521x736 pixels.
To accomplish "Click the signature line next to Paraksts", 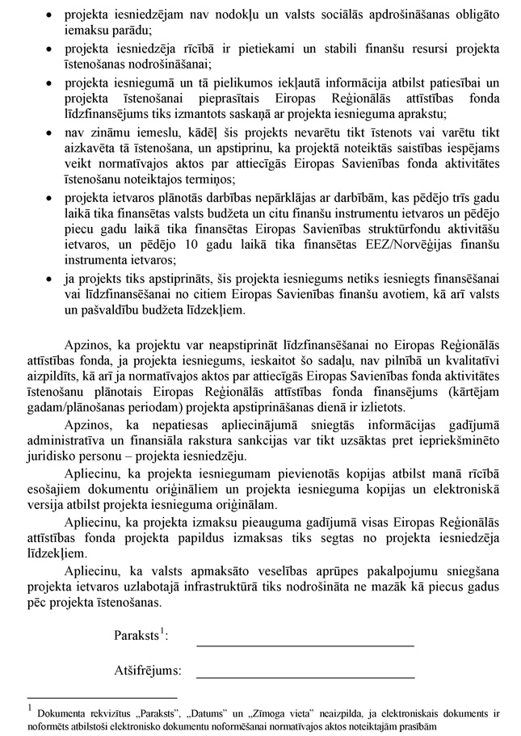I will pos(305,645).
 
